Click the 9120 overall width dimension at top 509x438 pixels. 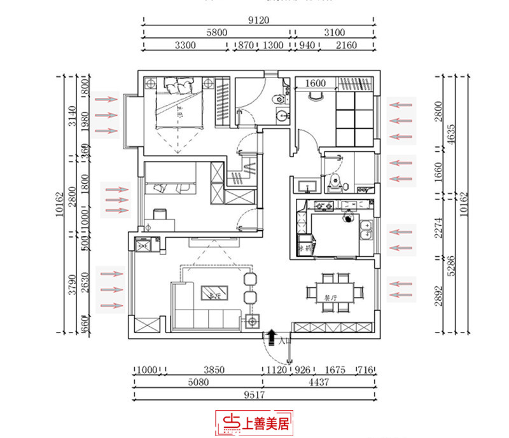coord(258,20)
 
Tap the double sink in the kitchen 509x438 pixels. coord(366,230)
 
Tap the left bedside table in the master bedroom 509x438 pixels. coord(150,83)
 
